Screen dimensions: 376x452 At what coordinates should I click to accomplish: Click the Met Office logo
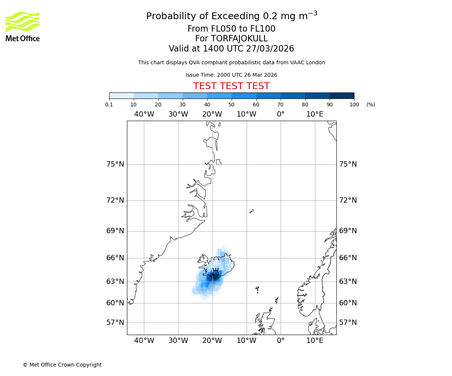[23, 26]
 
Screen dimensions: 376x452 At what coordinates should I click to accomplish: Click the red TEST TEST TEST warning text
[231, 86]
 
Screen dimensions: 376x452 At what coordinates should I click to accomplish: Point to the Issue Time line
[231, 75]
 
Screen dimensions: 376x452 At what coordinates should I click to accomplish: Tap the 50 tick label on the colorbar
[232, 105]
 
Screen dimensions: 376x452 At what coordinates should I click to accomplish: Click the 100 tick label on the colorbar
[354, 105]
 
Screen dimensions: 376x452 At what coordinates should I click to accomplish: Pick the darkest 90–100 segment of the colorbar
[342, 96]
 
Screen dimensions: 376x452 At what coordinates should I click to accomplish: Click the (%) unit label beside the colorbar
[371, 105]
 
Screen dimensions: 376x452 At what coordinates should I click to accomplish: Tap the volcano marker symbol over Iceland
[215, 273]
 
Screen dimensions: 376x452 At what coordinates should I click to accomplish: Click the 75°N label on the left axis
[115, 164]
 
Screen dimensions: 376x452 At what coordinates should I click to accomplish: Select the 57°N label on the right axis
[348, 323]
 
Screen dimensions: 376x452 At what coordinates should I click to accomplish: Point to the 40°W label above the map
[144, 114]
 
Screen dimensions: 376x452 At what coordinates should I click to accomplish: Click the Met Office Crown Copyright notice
[62, 365]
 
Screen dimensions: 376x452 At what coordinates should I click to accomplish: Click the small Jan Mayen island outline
[252, 211]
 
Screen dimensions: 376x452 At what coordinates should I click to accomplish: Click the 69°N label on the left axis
[115, 231]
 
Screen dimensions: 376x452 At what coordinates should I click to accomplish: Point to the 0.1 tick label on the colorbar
[109, 105]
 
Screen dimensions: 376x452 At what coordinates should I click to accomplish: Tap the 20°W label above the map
[212, 114]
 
